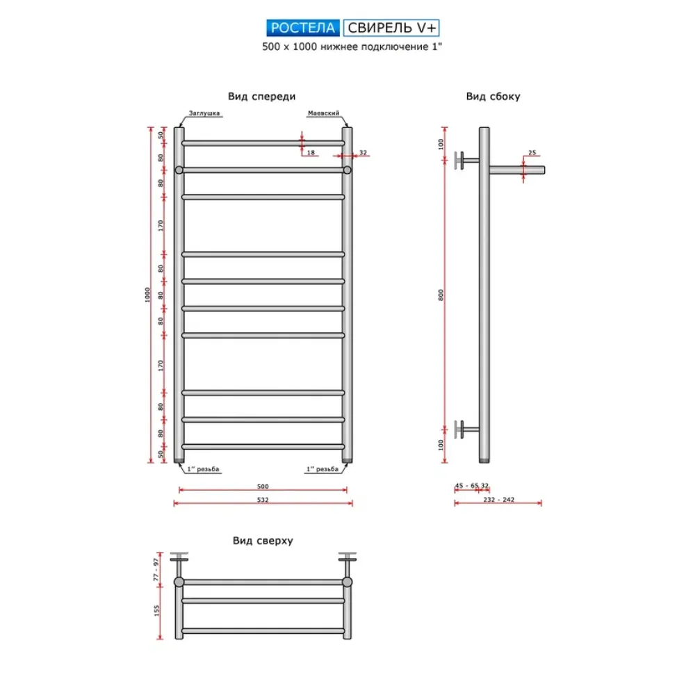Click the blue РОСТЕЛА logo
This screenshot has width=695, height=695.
[303, 28]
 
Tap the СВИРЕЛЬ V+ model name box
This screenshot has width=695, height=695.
[391, 28]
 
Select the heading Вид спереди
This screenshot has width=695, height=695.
[261, 97]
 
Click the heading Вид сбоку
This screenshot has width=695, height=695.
[493, 97]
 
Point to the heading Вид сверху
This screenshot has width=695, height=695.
[263, 541]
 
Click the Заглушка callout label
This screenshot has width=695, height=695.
[204, 113]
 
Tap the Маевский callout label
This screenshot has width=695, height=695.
[324, 113]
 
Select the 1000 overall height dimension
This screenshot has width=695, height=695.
[147, 295]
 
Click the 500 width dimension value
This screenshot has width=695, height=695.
[263, 486]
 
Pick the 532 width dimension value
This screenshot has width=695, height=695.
[263, 500]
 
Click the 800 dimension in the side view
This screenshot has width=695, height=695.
[441, 295]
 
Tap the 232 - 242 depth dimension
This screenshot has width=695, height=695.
[498, 500]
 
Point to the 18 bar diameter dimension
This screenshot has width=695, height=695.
[311, 152]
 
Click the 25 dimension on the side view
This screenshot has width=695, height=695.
[532, 152]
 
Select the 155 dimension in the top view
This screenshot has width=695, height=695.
[156, 611]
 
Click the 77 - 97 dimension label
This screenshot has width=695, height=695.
[156, 570]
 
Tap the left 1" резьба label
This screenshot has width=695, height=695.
[203, 469]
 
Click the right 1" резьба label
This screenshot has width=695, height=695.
[322, 469]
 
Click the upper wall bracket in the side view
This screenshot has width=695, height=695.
[466, 161]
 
